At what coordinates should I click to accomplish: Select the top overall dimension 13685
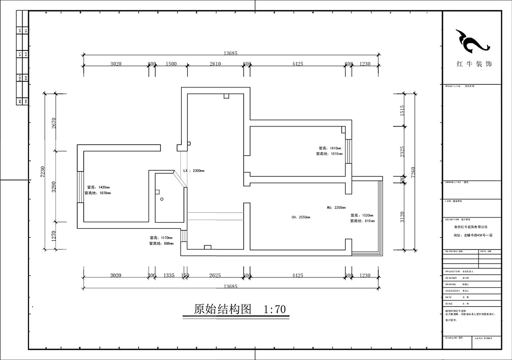point(230,53)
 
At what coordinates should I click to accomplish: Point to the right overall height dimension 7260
point(413,172)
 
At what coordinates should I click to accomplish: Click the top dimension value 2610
point(215,64)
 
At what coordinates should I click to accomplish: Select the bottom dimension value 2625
point(215,276)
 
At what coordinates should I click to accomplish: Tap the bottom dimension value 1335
point(169,276)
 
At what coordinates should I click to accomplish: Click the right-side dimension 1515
point(402,110)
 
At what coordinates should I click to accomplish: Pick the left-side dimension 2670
point(54,123)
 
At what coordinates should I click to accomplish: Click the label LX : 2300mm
point(194,171)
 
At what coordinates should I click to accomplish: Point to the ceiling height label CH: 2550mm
point(301,217)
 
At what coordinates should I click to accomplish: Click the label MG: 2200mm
point(336,208)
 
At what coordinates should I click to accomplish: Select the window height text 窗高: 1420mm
point(98,187)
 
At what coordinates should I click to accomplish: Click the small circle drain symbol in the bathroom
point(162,199)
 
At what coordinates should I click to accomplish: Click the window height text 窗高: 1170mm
point(161,238)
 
